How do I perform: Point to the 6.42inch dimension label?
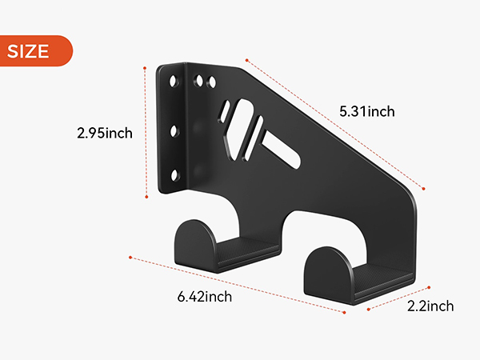[x=205, y=297]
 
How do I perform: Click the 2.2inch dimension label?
[x=430, y=306]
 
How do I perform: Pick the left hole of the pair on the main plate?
[x=198, y=80]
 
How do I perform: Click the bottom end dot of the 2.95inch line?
[x=147, y=195]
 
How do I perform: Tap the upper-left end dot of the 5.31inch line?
[x=247, y=58]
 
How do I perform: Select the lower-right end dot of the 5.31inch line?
[x=423, y=189]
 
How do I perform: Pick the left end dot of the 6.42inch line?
[x=130, y=257]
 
